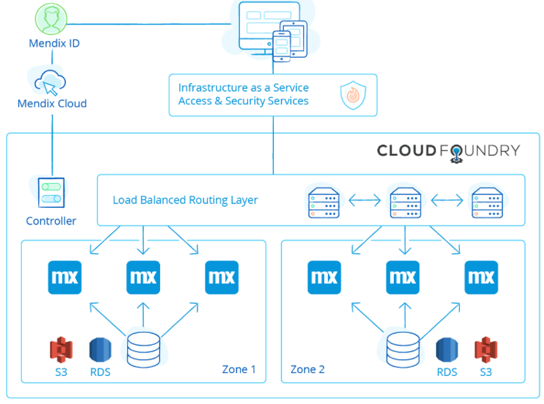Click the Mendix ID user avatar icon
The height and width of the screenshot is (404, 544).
(51, 20)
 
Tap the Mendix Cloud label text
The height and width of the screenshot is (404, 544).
(52, 103)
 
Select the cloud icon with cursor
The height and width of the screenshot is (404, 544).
(51, 83)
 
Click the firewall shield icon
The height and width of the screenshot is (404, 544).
(352, 95)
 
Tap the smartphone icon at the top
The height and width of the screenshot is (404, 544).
(281, 45)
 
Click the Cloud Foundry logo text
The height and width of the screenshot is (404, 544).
(448, 151)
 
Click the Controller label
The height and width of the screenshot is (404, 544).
(51, 221)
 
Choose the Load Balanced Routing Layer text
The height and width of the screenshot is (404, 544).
(185, 200)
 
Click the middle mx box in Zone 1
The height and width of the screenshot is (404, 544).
(143, 277)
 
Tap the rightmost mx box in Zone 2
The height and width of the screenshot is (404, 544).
(481, 277)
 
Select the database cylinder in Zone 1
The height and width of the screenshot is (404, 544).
(143, 349)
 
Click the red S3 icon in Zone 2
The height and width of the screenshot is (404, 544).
(485, 349)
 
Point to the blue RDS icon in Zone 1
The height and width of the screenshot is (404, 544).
(100, 349)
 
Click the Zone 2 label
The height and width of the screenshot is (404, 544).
(308, 369)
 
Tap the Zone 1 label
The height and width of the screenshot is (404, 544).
(238, 369)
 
